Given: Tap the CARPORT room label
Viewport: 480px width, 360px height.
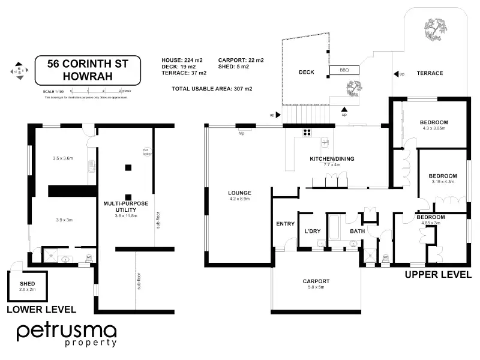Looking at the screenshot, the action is [x=316, y=281].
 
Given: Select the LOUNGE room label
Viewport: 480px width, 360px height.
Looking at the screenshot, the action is [x=239, y=193].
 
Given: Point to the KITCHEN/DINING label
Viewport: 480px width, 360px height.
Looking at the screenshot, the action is [x=332, y=158].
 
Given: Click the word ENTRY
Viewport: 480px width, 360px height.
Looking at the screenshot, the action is [x=285, y=224].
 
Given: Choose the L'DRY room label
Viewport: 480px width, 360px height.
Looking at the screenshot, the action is [x=311, y=231].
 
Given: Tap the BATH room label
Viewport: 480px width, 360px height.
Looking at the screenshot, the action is [x=357, y=231].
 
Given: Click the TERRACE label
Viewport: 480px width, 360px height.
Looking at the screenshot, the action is [x=430, y=73].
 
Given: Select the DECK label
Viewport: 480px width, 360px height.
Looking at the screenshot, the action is [x=307, y=73].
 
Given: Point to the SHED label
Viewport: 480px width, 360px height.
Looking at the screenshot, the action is [x=27, y=284].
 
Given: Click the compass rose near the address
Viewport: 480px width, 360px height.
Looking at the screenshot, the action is [x=19, y=71].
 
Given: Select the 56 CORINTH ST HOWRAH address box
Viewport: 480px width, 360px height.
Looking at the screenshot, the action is [x=88, y=71].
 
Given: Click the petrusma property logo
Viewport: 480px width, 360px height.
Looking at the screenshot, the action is [x=66, y=334].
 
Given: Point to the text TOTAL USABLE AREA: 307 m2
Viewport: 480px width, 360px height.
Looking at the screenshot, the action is [x=212, y=89].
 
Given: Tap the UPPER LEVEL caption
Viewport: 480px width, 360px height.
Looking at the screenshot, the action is [x=437, y=274].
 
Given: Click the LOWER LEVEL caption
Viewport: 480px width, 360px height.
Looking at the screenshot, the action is [x=41, y=310].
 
